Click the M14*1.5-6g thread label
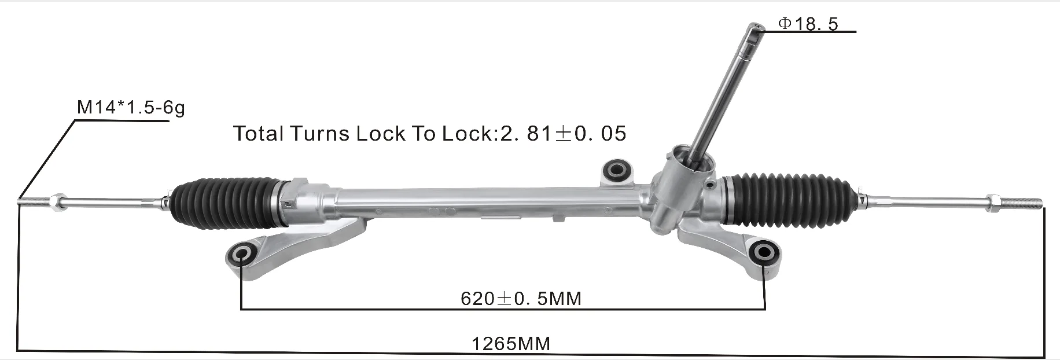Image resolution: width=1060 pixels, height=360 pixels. (131, 108)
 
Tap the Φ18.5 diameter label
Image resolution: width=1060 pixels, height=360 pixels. (808, 24)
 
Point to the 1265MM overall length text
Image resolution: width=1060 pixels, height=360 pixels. (511, 344)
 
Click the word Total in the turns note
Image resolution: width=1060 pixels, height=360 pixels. (259, 134)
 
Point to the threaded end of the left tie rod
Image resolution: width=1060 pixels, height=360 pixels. (32, 202)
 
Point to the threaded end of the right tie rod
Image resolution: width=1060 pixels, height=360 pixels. (1027, 203)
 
